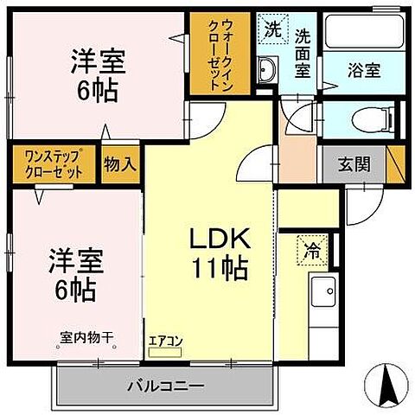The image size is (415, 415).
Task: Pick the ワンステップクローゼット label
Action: click(x=49, y=164)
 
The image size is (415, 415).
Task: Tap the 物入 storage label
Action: click(x=119, y=164)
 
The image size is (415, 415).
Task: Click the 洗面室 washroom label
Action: click(x=303, y=54)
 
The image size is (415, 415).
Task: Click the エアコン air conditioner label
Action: click(x=166, y=342)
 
